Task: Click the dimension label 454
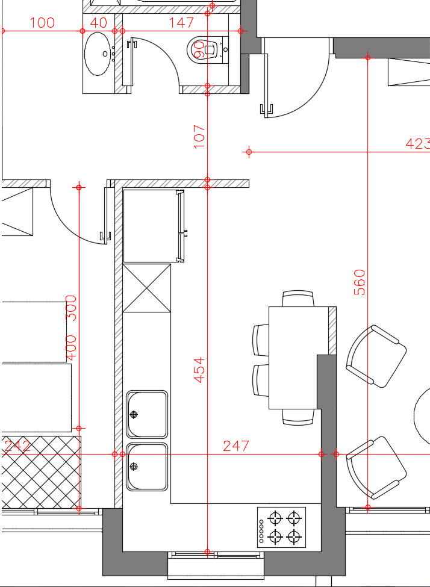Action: pos(199,370)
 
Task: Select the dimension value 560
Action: pos(360,282)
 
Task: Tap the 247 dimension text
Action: pos(236,446)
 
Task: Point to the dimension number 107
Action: pos(199,137)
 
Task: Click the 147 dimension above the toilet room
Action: pos(182,23)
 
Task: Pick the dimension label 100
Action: pos(42,23)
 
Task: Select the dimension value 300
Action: pos(71,308)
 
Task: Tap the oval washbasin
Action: pos(98,54)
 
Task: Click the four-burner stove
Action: pos(281,527)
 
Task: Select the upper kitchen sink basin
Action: pos(147,414)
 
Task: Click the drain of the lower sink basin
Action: pos(134,467)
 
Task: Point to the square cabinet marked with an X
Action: pos(147,288)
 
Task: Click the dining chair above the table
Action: pos(298,299)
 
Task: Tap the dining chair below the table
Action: pos(298,417)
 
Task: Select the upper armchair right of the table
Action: pos(376,356)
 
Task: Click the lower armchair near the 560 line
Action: pos(376,468)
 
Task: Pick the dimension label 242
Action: pos(17,446)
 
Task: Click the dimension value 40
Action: pos(99,23)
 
